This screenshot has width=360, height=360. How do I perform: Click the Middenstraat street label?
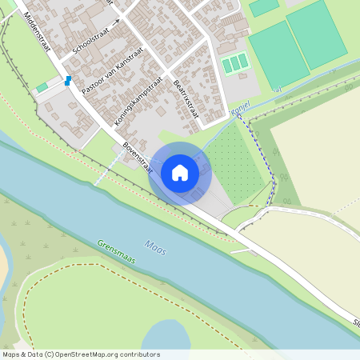click(38, 33)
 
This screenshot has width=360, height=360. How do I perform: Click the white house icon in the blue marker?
click(180, 173)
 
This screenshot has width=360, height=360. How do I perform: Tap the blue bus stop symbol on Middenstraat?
click(68, 81)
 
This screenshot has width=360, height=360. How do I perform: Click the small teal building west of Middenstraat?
click(42, 87)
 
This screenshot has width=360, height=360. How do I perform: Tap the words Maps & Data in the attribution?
click(22, 354)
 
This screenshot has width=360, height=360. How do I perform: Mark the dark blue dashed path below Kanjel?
click(264, 152)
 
